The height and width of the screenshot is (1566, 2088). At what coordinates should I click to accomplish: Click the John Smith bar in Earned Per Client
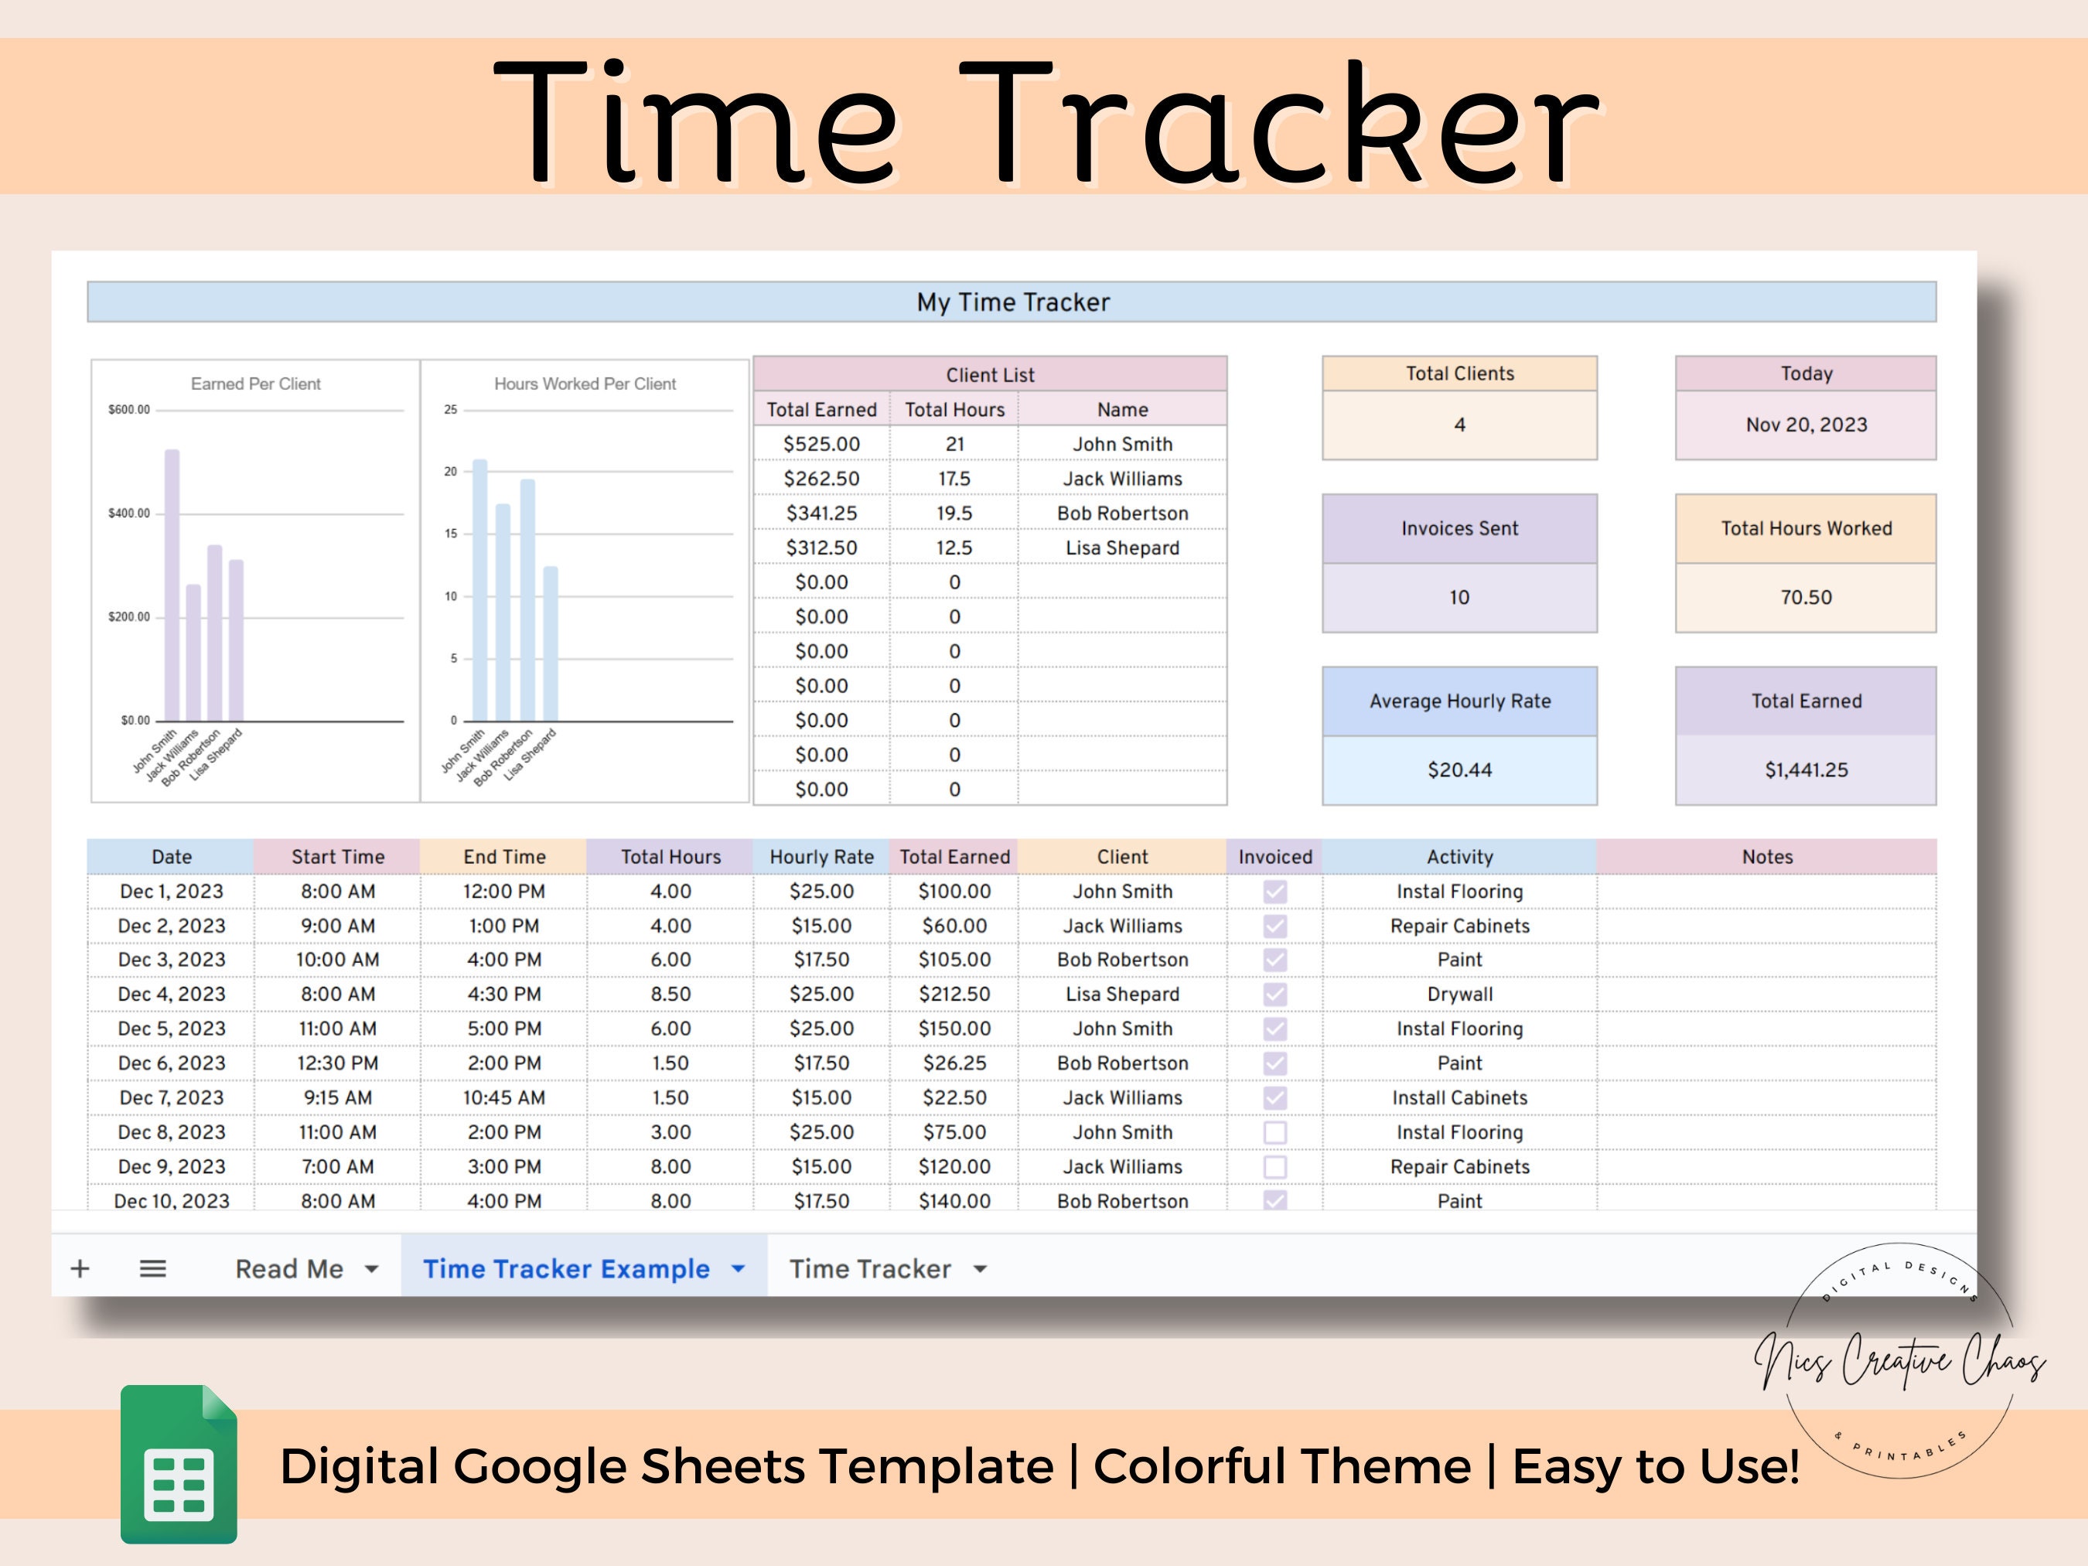tap(172, 585)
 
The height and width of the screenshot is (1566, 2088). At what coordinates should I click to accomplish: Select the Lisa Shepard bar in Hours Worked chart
tap(551, 643)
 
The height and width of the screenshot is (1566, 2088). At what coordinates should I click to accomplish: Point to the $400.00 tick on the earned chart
tap(128, 513)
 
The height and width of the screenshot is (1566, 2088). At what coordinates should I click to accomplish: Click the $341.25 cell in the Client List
tap(821, 513)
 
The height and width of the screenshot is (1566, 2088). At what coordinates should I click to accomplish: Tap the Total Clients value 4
tap(1459, 425)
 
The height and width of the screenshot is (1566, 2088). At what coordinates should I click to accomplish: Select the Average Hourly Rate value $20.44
tap(1459, 770)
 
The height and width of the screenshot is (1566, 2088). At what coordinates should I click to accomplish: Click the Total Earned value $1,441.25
tap(1806, 770)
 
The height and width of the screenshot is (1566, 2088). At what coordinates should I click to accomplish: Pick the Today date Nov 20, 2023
tap(1806, 425)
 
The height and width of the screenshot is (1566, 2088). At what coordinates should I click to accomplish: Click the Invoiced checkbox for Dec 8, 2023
tap(1275, 1132)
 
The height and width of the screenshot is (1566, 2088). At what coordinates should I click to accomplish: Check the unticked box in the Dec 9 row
tap(1275, 1167)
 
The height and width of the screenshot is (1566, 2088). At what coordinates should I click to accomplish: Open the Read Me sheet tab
tap(290, 1269)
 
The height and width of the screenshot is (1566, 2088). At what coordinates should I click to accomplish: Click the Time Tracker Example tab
tap(566, 1269)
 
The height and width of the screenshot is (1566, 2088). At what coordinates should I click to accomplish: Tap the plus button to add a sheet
tap(80, 1269)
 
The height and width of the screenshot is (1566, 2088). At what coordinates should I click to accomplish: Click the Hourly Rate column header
tap(821, 857)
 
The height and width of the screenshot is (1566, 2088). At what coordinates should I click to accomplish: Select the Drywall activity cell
tap(1459, 994)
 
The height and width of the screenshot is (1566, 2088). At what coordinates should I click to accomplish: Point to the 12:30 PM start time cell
tap(338, 1063)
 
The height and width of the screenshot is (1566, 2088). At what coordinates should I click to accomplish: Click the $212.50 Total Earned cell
tap(954, 994)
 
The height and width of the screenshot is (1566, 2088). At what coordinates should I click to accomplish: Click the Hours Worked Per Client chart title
tap(585, 384)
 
